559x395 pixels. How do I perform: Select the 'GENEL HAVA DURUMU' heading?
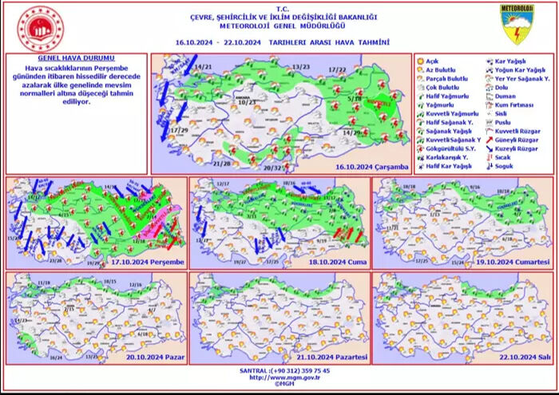[77, 59]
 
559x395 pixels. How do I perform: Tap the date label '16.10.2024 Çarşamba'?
[371, 167]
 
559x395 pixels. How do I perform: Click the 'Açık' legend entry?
[433, 61]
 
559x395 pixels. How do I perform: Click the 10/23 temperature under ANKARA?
[247, 102]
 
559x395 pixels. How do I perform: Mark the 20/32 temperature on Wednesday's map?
[272, 168]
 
